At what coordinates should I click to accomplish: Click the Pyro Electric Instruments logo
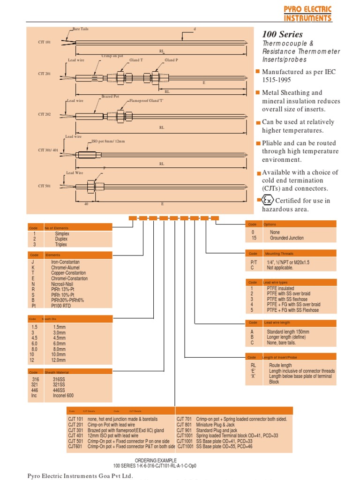tap(307, 14)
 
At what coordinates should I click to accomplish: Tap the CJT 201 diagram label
tap(45, 74)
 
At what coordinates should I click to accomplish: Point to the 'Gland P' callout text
tap(171, 60)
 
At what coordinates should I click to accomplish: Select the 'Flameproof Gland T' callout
tap(145, 101)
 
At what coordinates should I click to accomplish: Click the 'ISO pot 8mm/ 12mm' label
tap(108, 141)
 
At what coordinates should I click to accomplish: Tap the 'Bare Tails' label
tap(81, 29)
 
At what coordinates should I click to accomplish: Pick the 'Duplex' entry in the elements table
tap(61, 239)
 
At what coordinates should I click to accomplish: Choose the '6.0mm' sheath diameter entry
tap(60, 344)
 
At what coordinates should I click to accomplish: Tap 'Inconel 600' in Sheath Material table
tap(63, 396)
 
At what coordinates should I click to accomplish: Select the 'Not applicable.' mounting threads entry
tap(280, 268)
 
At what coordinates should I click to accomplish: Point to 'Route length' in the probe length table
tap(280, 365)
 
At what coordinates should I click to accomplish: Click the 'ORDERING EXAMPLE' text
tap(155, 460)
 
